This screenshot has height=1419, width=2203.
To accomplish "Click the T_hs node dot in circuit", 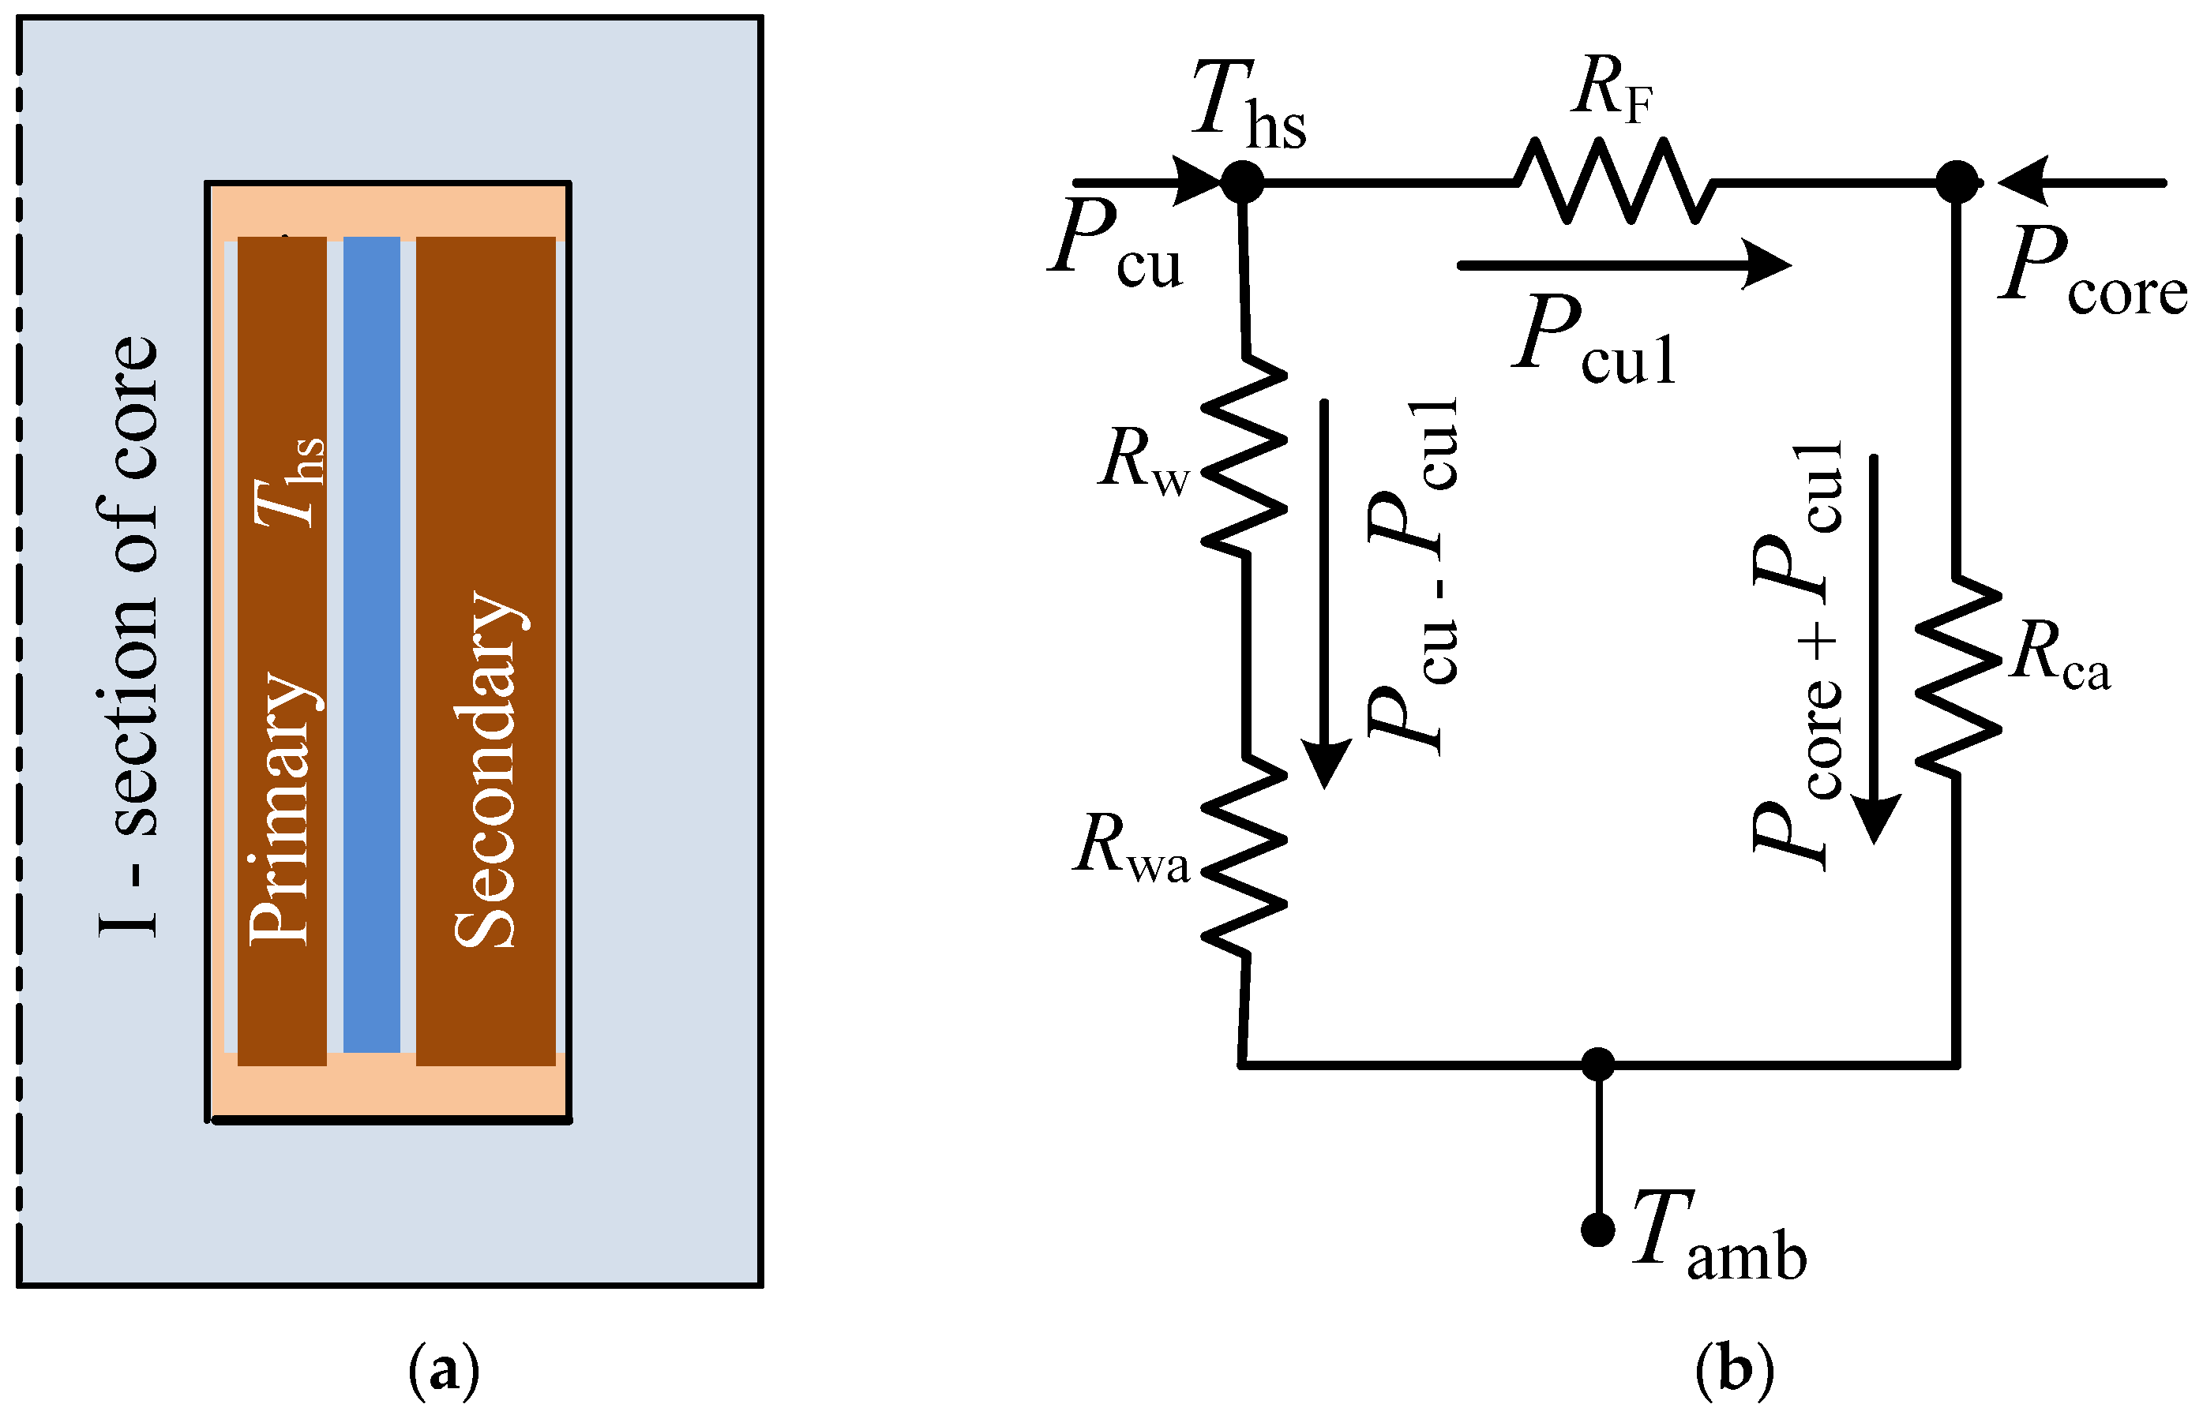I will (x=1241, y=182).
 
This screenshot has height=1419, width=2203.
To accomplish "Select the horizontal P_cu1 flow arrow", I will (x=1623, y=265).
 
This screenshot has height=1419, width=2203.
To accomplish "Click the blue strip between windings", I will (x=371, y=645).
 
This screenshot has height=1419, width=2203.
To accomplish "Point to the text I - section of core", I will (x=129, y=636).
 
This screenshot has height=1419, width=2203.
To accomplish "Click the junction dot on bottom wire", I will (x=1597, y=1064).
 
